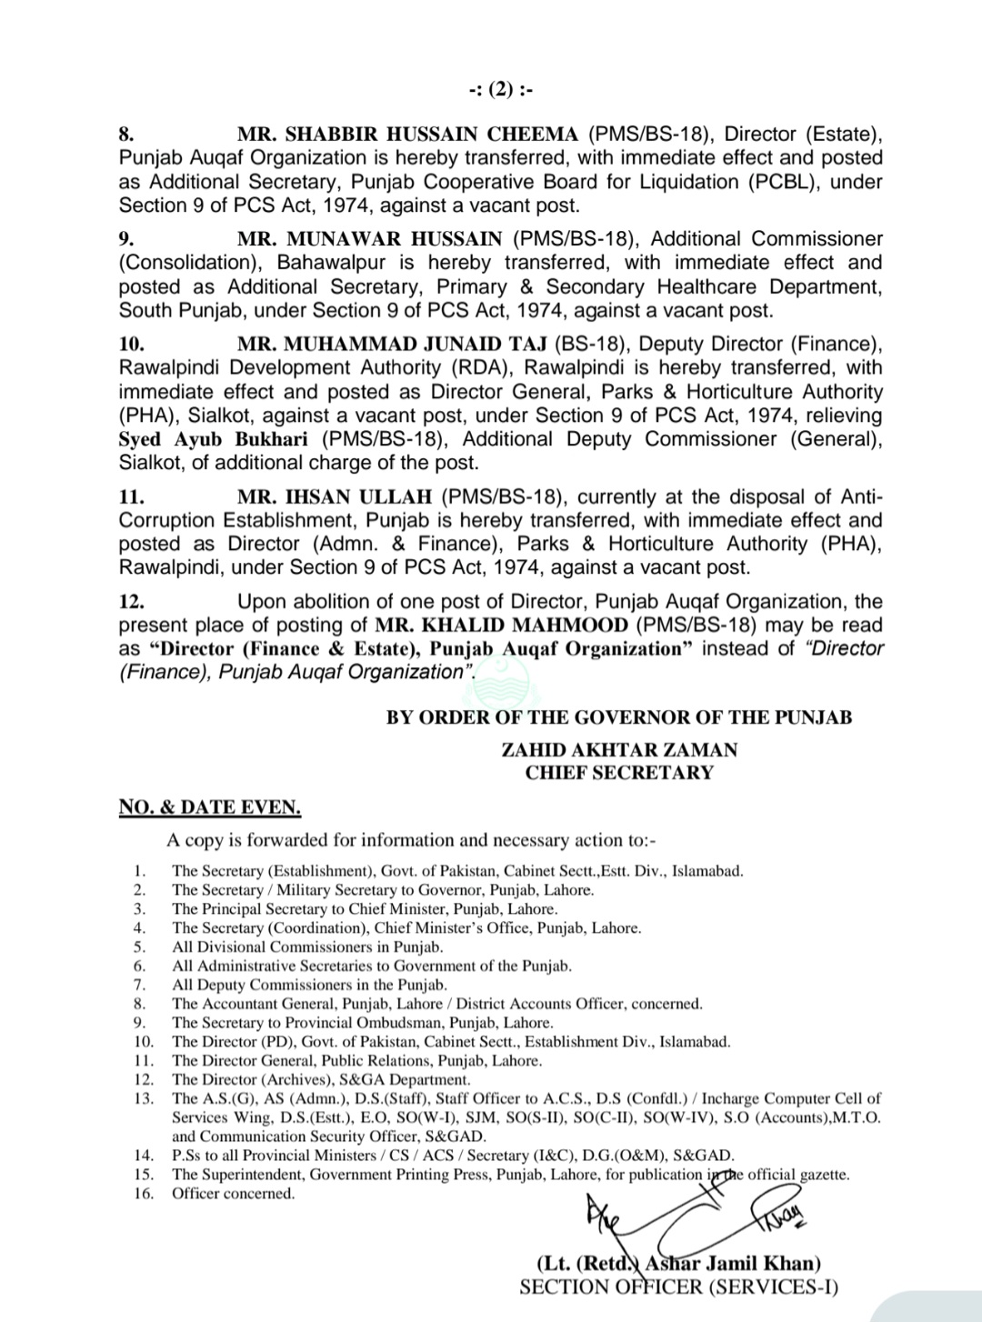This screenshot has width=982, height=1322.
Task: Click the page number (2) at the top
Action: (501, 89)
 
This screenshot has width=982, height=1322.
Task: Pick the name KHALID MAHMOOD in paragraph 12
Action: (502, 626)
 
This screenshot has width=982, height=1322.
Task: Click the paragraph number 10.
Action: (131, 344)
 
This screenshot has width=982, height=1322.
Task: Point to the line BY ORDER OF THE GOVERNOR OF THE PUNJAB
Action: (619, 717)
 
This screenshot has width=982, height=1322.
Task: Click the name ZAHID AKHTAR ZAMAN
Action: (619, 750)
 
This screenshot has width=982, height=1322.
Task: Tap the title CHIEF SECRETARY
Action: (619, 773)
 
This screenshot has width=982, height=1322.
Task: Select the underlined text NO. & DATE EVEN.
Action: (210, 807)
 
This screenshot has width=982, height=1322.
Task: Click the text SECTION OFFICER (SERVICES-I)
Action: (678, 1287)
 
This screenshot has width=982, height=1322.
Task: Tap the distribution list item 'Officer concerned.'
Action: (234, 1194)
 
